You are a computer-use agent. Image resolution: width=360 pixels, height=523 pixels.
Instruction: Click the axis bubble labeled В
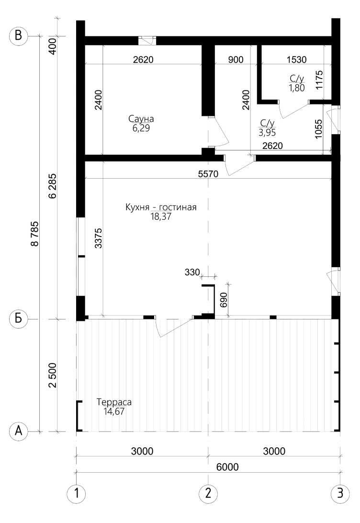[x=18, y=35]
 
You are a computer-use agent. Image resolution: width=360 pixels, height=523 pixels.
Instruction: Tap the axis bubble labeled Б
[x=18, y=318]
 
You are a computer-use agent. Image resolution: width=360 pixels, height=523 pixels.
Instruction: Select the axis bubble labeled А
[x=18, y=431]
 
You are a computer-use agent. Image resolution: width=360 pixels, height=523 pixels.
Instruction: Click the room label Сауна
[x=141, y=119]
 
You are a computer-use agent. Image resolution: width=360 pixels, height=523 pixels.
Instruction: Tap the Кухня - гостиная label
[x=161, y=207]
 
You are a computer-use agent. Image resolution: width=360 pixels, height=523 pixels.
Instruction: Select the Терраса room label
[x=114, y=402]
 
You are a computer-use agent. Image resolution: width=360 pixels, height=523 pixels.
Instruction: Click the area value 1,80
[x=297, y=88]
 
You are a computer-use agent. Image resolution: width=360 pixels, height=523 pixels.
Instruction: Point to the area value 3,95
[x=267, y=133]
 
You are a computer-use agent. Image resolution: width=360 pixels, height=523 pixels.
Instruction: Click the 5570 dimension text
[x=208, y=174]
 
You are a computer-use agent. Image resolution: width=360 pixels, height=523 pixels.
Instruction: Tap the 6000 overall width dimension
[x=227, y=467]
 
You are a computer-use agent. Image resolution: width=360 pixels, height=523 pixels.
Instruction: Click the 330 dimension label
[x=192, y=272]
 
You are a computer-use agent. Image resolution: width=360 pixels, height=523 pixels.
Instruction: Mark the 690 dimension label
[x=224, y=300]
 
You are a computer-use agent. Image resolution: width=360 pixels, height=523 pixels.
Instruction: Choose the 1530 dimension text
[x=297, y=60]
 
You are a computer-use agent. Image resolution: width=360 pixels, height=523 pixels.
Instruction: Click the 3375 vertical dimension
[x=98, y=238]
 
